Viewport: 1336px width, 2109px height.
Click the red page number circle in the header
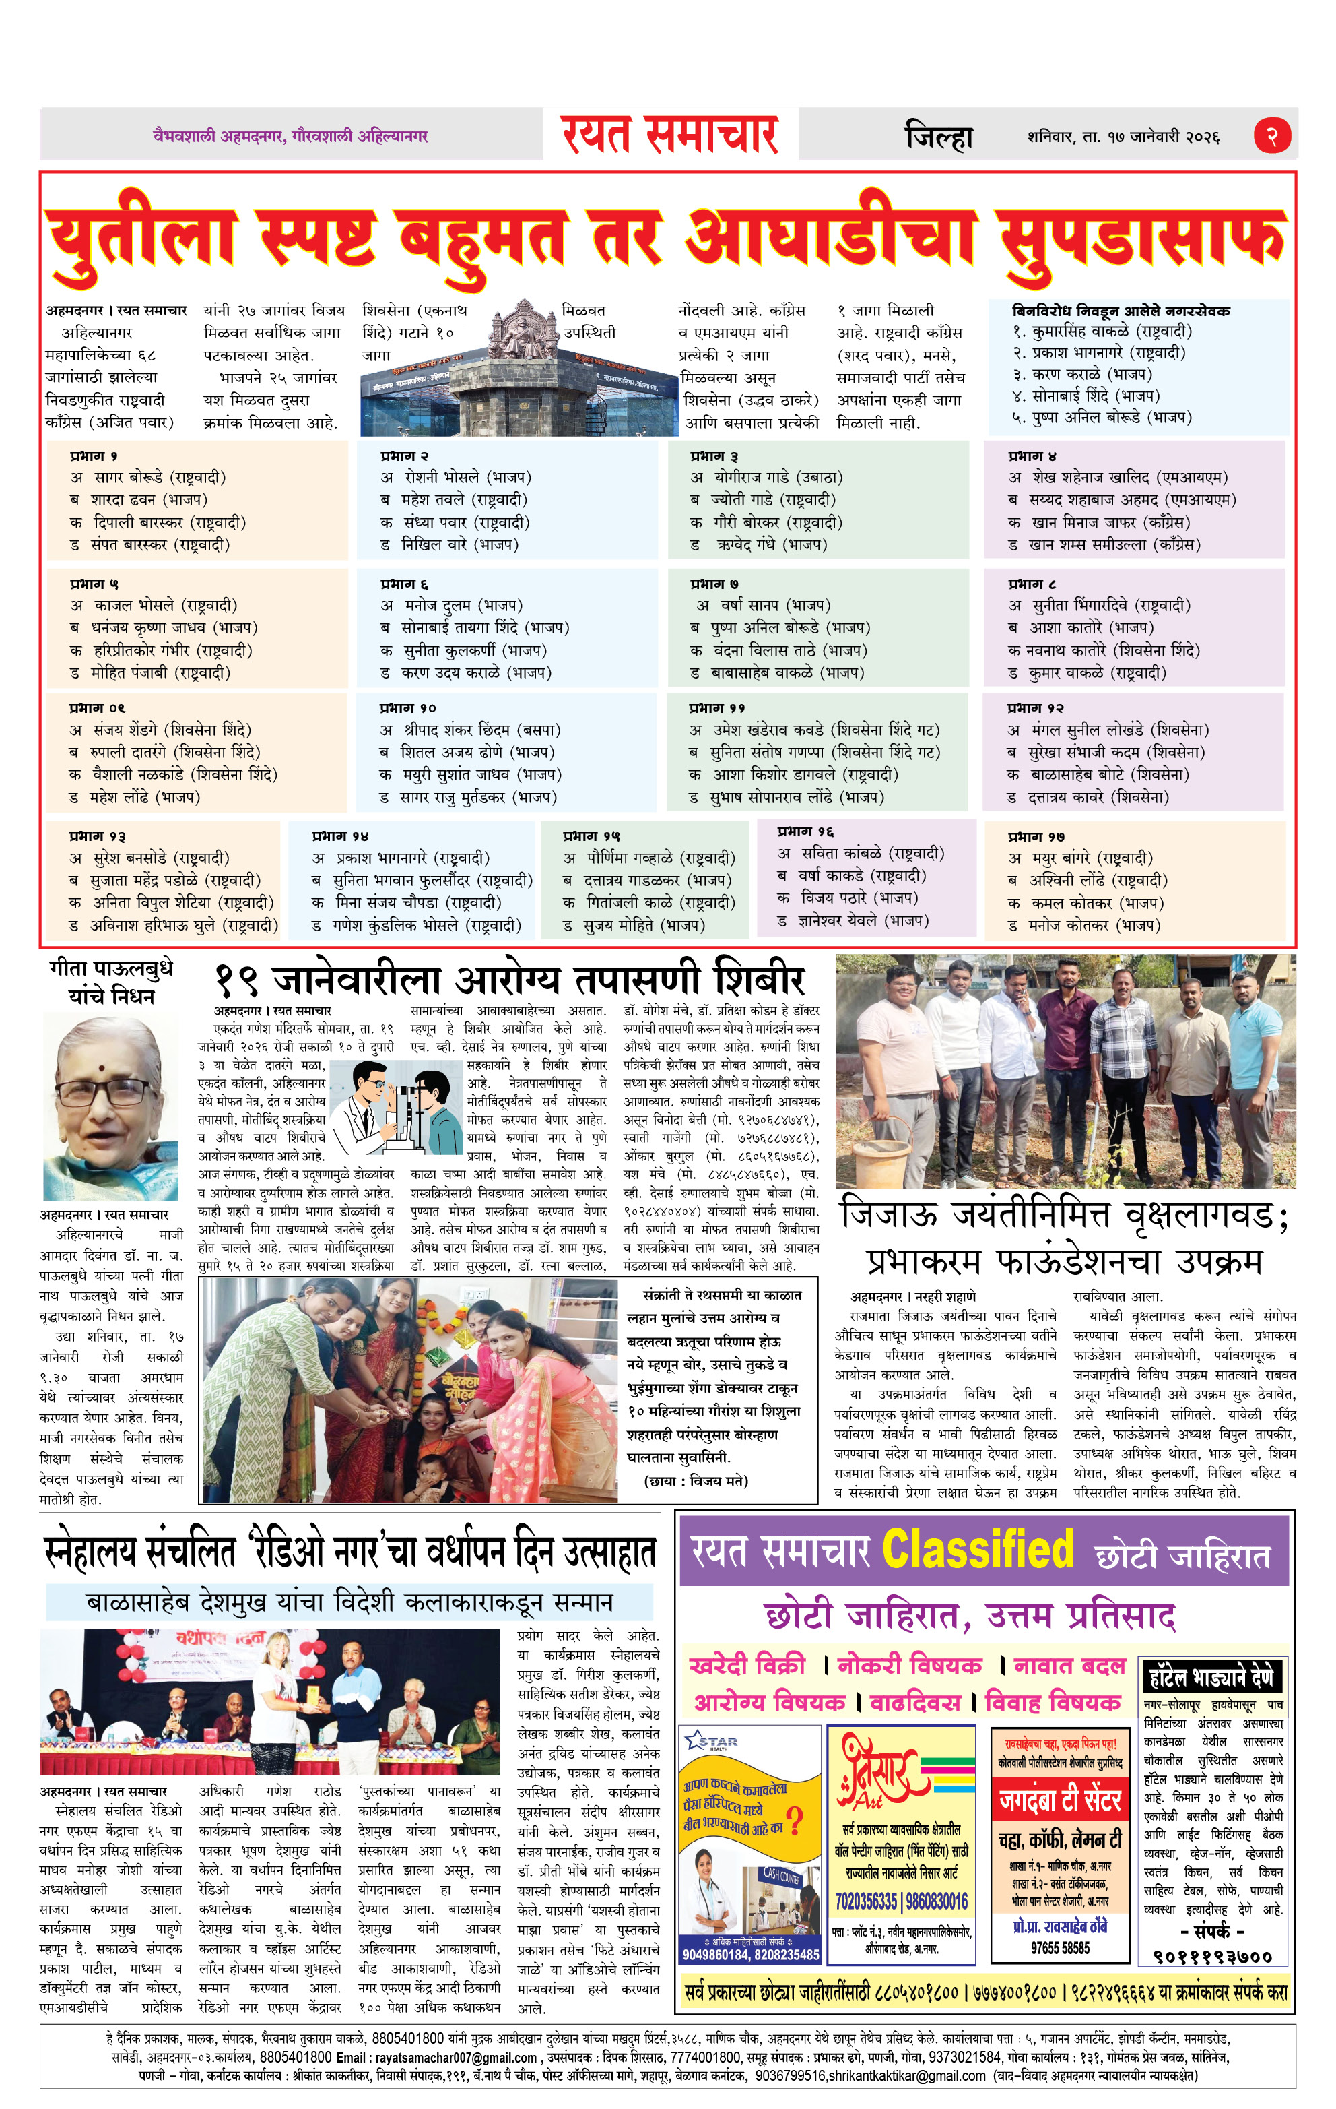point(1272,135)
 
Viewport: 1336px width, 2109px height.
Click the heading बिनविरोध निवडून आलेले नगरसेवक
point(1121,311)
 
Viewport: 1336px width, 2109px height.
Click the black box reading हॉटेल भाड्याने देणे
point(1213,1676)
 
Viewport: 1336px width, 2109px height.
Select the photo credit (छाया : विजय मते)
point(696,1480)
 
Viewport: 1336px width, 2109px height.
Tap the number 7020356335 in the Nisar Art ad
point(867,1901)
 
